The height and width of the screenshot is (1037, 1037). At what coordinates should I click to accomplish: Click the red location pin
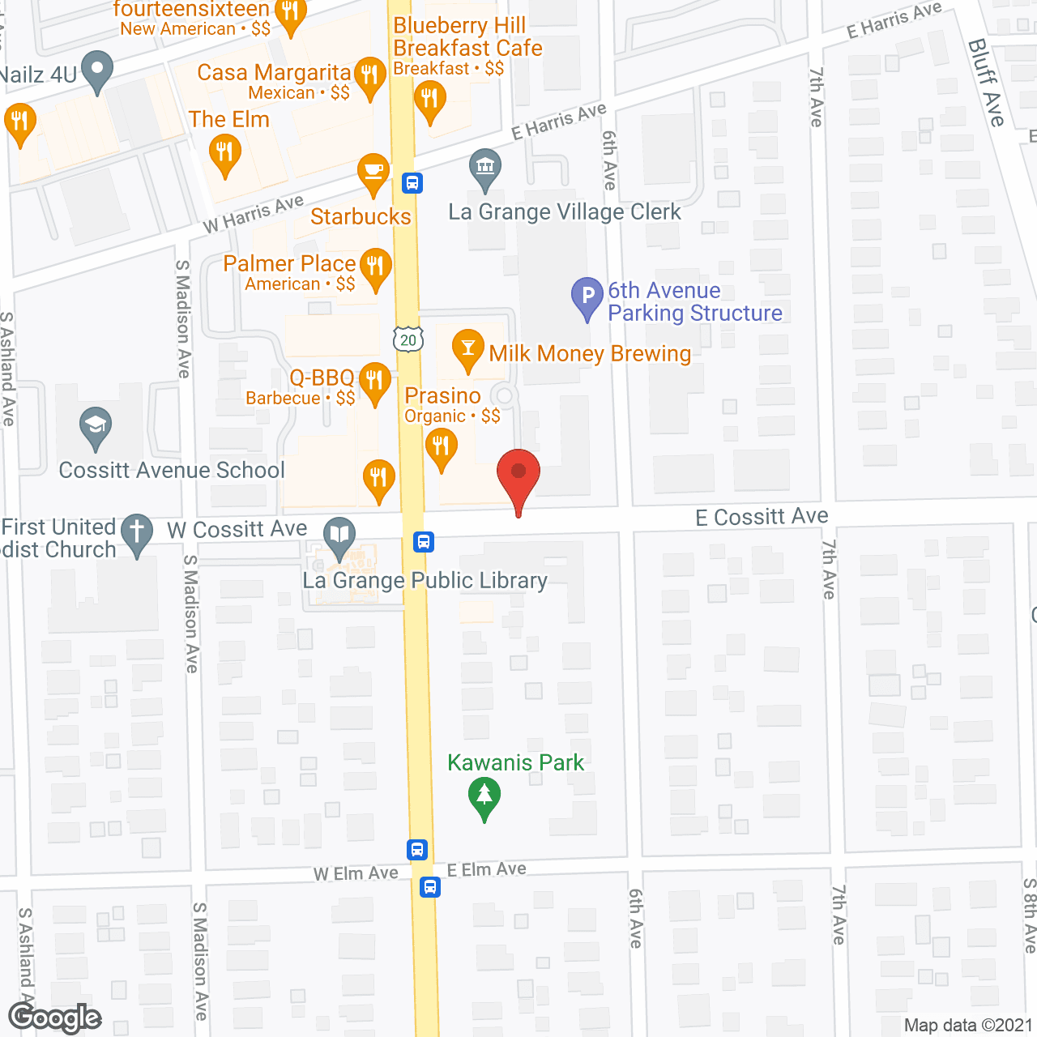518,475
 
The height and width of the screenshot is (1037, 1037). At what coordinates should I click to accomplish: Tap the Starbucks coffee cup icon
373,172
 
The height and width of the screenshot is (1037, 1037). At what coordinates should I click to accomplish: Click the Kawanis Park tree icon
484,796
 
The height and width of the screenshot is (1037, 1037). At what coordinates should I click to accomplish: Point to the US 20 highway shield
408,340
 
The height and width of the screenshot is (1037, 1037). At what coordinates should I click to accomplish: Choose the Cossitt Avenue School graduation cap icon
96,425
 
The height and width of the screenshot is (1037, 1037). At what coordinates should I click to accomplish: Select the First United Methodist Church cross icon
137,533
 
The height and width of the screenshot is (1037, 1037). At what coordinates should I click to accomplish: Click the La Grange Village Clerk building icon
484,169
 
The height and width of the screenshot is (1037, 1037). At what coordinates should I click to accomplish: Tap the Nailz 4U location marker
98,70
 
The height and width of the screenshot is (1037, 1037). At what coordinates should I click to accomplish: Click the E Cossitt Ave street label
762,516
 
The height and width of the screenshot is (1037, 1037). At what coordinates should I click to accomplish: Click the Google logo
55,1018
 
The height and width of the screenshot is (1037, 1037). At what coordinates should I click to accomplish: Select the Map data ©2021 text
968,1025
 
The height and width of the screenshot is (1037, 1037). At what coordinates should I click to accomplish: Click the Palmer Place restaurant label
289,263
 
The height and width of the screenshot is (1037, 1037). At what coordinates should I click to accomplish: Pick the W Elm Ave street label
356,873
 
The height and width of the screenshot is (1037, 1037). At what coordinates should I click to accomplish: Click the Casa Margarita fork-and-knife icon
369,76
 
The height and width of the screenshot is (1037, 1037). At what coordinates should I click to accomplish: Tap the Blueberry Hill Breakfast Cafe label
467,37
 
